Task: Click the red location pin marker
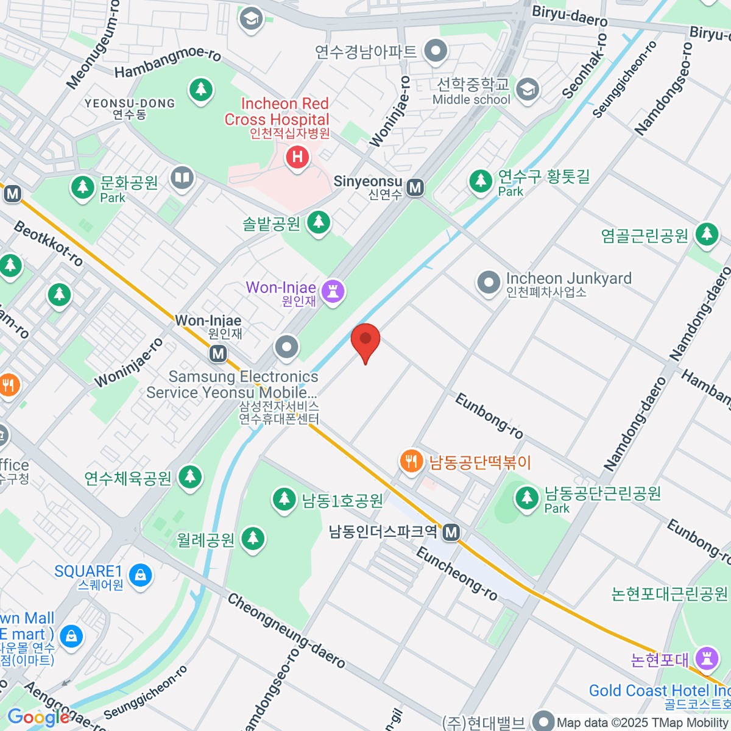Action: coord(365,340)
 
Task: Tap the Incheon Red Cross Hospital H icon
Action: coord(297,157)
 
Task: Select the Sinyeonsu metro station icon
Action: coord(415,187)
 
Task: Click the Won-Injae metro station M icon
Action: coord(218,353)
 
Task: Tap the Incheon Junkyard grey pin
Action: coord(489,283)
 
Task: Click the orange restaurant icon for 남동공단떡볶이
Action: coord(412,461)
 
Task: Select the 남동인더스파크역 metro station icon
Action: coord(451,532)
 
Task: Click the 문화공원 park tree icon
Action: coord(82,187)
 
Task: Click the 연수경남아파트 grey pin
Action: coord(436,51)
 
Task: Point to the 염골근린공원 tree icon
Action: coord(707,233)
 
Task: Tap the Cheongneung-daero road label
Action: coord(286,630)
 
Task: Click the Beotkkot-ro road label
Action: coord(48,244)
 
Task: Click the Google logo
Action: coord(38,718)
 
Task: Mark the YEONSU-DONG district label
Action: coord(130,104)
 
